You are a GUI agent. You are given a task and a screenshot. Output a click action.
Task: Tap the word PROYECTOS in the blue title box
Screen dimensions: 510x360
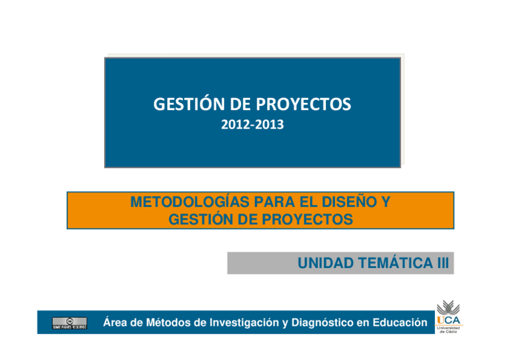304,105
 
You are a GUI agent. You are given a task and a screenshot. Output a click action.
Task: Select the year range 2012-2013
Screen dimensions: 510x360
253,124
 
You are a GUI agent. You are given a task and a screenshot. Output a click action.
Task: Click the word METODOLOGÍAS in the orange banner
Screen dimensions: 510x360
189,201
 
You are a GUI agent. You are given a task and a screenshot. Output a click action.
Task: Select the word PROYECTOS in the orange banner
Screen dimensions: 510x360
307,219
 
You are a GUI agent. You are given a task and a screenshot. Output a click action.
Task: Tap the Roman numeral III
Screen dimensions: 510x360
443,263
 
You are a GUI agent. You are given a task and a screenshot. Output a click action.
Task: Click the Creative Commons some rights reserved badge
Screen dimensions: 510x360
70,323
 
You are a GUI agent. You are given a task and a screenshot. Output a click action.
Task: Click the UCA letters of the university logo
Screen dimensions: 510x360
449,320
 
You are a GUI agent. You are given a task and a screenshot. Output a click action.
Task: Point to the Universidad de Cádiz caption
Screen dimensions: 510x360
448,330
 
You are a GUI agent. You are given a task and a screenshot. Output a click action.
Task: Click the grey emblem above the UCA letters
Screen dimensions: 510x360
448,307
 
